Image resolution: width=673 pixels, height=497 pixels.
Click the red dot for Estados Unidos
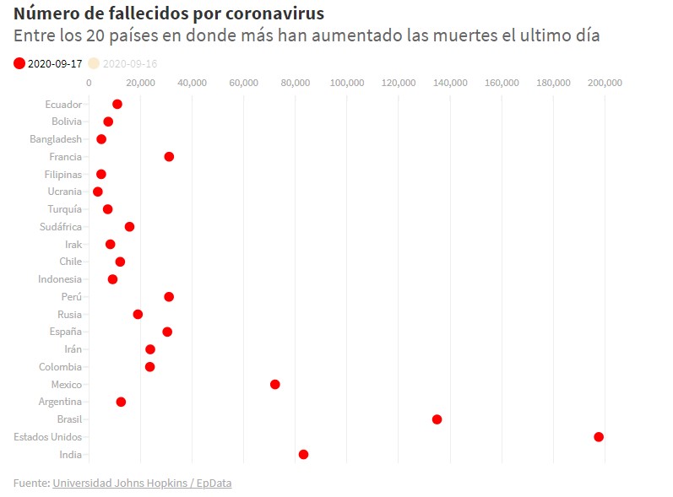coord(599,437)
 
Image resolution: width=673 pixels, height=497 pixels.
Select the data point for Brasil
coord(437,419)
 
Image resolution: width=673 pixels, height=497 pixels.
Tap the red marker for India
coord(303,455)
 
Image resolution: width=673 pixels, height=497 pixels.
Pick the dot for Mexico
coord(274,385)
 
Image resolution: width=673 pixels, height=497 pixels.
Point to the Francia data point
coord(169,157)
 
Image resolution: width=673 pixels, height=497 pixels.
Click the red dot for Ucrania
coord(97,192)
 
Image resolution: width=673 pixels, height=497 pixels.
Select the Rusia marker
coord(138,315)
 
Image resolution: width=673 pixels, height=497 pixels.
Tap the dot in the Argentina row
coord(121,402)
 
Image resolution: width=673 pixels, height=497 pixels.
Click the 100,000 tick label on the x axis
coord(346,83)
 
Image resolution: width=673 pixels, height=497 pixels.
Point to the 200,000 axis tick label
coord(605,83)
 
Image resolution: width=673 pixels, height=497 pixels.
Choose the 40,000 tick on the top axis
coord(192,83)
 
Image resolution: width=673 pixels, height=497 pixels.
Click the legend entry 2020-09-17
coord(49,63)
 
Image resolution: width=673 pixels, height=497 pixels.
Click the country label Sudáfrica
coord(61,227)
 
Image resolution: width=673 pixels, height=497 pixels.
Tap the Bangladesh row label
coord(56,139)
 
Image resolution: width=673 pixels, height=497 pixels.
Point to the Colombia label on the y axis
coord(60,367)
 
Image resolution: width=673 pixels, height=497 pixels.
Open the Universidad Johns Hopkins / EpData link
coord(142,483)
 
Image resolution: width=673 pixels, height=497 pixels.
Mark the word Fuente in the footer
coord(30,483)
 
